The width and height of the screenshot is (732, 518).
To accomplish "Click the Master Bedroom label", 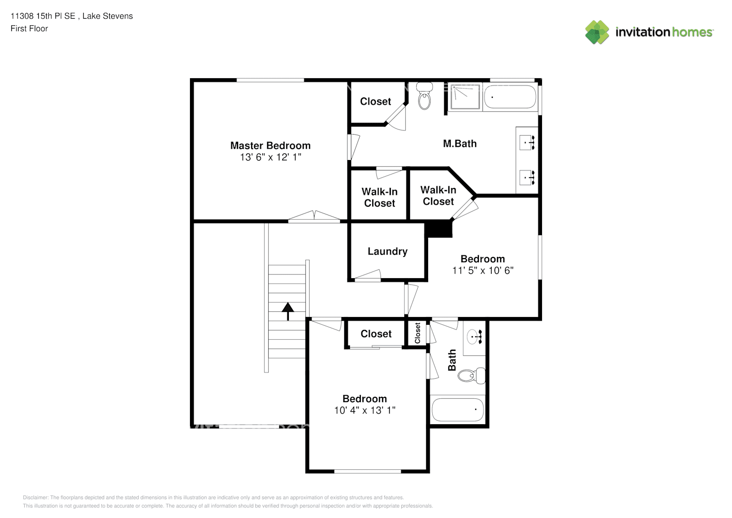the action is tap(270, 146).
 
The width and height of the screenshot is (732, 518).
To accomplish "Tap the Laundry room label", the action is tap(388, 251).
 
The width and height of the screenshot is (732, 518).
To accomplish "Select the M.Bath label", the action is tap(460, 143).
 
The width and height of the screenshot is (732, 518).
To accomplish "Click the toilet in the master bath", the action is tap(424, 96).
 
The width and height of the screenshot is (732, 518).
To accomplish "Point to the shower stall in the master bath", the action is tap(465, 97).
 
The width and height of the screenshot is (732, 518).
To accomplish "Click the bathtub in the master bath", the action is tap(510, 97).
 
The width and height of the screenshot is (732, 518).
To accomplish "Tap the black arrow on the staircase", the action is tap(288, 311).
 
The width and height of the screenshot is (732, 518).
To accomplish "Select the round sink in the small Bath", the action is tap(472, 337).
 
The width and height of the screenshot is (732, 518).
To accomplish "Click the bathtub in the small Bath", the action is tap(458, 409).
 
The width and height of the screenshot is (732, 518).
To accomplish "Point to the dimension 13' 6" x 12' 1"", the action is tap(271, 157).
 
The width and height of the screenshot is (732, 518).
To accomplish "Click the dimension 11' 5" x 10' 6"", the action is tap(482, 270).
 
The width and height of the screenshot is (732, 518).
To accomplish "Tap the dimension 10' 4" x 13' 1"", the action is tap(364, 410).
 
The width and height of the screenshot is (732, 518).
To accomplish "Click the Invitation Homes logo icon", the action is tap(597, 32).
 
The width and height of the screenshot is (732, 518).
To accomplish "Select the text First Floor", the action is tap(29, 29).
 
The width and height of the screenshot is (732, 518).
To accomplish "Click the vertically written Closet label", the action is tap(417, 333).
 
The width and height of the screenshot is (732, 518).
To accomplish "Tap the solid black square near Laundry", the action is tap(438, 229).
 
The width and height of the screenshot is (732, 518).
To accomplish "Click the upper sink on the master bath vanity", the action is tap(527, 143).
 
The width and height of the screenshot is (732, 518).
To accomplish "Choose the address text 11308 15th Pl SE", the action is tap(43, 16).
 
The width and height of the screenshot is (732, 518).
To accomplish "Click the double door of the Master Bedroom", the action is tap(314, 216).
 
